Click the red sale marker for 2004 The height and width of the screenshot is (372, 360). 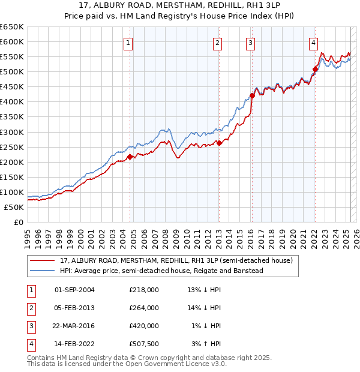(130, 157)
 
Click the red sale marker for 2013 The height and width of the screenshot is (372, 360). (219, 143)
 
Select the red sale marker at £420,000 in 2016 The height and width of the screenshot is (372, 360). (252, 95)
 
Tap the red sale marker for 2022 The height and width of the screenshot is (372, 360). (315, 70)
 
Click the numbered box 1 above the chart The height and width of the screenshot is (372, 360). (129, 43)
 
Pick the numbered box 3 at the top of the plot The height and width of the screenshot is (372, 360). (250, 43)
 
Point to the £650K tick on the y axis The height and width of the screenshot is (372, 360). (12, 27)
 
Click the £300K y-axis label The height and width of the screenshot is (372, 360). (12, 132)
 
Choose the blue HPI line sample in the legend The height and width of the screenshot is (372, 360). (43, 271)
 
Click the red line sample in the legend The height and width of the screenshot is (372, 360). (43, 260)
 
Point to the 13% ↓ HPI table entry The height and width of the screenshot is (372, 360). (204, 290)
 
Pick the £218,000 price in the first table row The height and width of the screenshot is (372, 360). (144, 290)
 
